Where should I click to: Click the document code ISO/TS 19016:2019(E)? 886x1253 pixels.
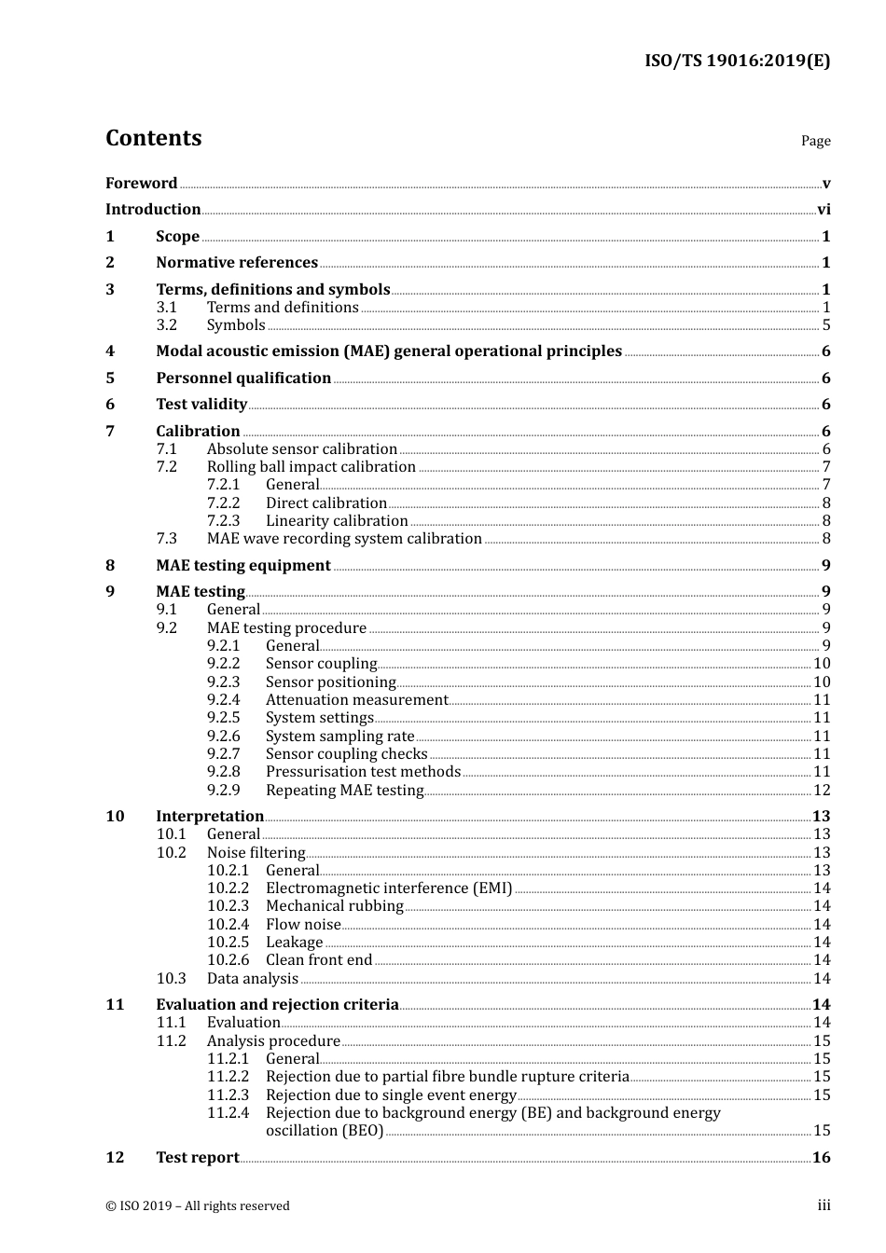tap(737, 62)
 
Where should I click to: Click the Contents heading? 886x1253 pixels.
tap(153, 138)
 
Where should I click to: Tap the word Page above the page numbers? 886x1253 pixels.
tap(815, 141)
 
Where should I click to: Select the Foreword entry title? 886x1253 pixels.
tap(141, 183)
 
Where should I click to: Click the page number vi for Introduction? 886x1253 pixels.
tap(824, 210)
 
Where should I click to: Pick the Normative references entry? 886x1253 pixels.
tap(237, 263)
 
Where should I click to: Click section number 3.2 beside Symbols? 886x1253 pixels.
tap(166, 325)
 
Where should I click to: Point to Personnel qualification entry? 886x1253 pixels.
tap(243, 379)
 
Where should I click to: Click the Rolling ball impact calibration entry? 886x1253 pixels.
tap(311, 467)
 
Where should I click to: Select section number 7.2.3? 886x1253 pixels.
tap(223, 521)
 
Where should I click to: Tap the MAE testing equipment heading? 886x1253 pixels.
tap(242, 566)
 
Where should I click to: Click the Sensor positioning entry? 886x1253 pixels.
tap(330, 682)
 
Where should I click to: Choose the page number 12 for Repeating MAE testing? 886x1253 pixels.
tap(822, 791)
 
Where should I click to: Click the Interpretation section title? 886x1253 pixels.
tap(210, 817)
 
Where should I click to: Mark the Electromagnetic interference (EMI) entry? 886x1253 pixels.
tap(388, 888)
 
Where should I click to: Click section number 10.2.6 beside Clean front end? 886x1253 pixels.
tap(228, 960)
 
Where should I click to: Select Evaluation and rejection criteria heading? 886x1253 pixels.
tap(277, 1005)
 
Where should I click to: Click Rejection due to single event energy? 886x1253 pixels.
tap(391, 1095)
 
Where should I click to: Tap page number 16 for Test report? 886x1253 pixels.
tap(821, 1158)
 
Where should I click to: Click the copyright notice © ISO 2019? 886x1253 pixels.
tap(197, 1206)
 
